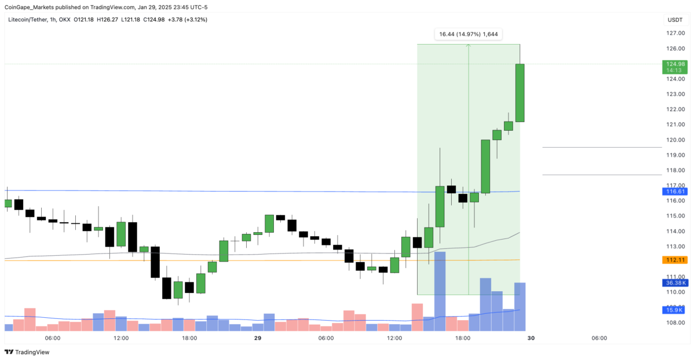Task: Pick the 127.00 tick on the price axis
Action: (676, 34)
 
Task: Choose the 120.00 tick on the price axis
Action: (676, 140)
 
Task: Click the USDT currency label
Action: (675, 20)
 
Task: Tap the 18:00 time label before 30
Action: (463, 338)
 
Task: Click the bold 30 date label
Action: (531, 338)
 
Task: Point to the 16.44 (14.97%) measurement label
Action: (468, 34)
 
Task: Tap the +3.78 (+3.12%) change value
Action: (186, 20)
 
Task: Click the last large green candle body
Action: (520, 93)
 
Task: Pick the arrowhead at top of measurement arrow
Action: (469, 46)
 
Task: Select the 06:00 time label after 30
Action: (599, 338)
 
